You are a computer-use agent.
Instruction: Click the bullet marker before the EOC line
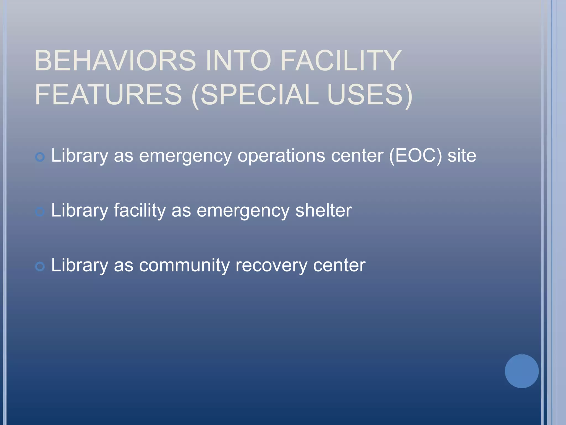40,157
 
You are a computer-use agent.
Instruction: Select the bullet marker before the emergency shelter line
40,212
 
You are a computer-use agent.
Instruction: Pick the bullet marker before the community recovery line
40,267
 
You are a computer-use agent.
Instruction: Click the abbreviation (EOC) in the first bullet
415,156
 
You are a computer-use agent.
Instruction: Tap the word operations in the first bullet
282,156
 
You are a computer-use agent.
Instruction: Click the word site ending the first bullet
462,156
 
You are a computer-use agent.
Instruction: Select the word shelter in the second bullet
323,210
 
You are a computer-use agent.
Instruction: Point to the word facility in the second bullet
140,210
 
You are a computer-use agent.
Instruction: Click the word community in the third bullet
184,265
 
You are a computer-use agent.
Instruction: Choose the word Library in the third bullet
80,265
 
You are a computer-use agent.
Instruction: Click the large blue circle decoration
522,371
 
